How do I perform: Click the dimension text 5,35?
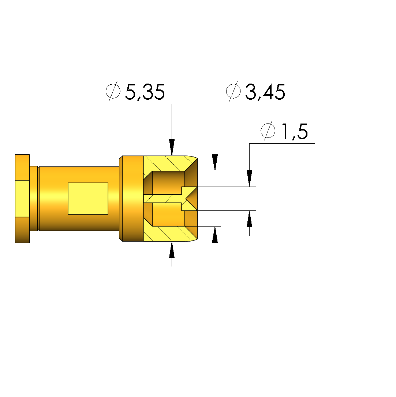point(145,92)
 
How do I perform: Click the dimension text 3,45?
point(265,92)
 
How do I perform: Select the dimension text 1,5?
point(295,131)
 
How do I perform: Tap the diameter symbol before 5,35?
point(113,91)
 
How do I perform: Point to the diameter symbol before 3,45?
point(233,91)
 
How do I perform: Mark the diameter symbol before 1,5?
point(268,131)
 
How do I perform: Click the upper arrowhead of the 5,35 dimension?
point(172,147)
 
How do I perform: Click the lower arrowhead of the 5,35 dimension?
point(172,250)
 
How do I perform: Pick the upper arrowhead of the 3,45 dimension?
point(215,162)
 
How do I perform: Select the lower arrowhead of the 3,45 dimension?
point(215,235)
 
